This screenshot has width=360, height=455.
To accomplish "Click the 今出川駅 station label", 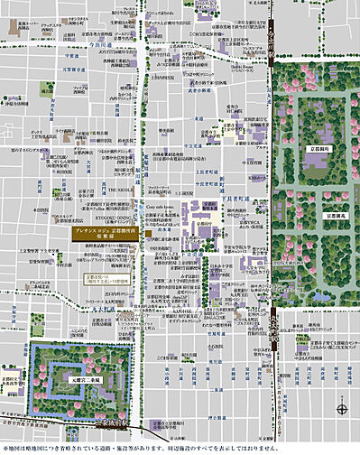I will (272, 47).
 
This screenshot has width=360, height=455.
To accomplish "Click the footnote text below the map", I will (180, 446).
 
